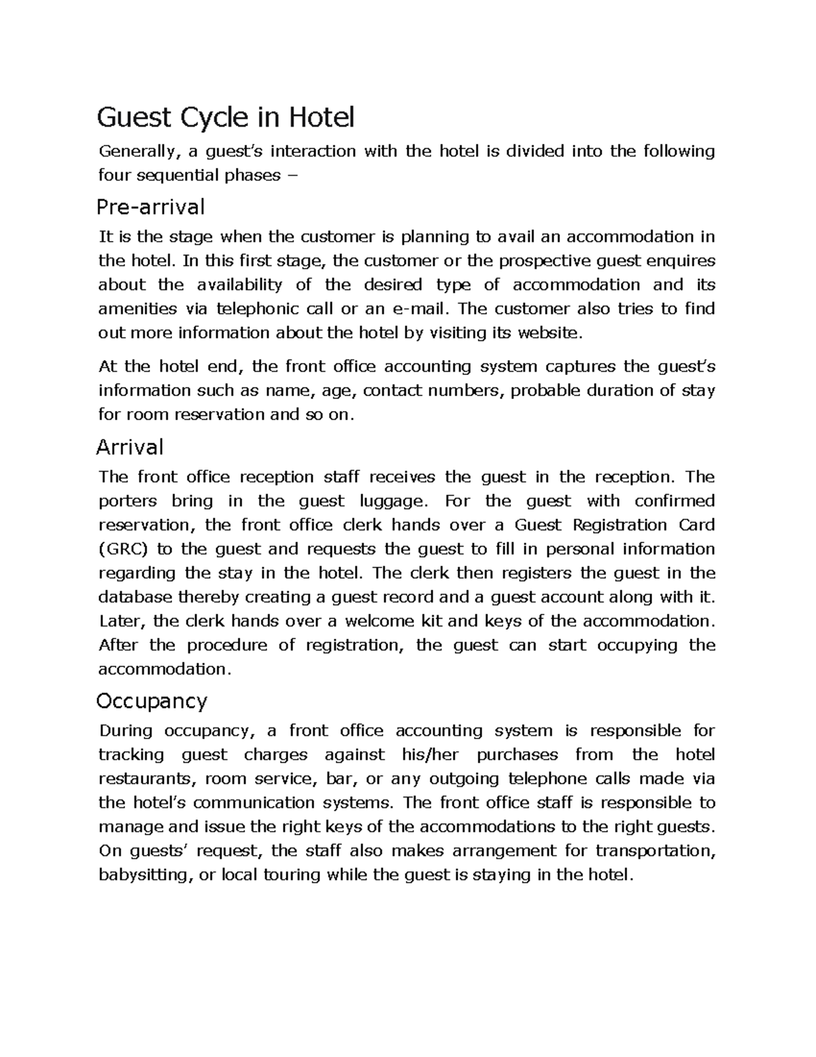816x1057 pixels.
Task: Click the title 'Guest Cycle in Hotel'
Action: point(226,118)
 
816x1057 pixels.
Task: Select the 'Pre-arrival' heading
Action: point(150,206)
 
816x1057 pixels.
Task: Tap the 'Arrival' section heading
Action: point(130,447)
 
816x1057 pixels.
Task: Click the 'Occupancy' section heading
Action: point(152,701)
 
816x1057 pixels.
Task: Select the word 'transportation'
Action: point(655,851)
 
